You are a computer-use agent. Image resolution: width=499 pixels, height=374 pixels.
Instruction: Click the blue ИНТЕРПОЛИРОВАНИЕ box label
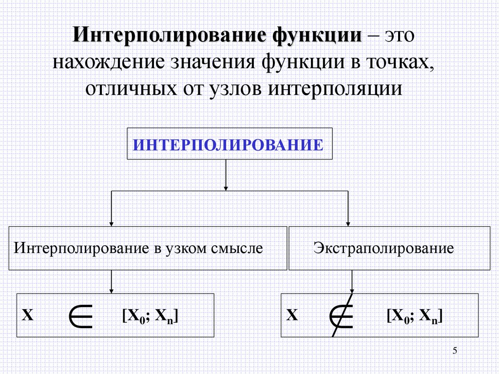coord(229,145)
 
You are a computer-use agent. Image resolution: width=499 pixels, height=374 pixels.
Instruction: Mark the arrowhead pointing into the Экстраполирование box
coord(348,223)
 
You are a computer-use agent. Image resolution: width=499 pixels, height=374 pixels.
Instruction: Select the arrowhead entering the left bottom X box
coord(112,291)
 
